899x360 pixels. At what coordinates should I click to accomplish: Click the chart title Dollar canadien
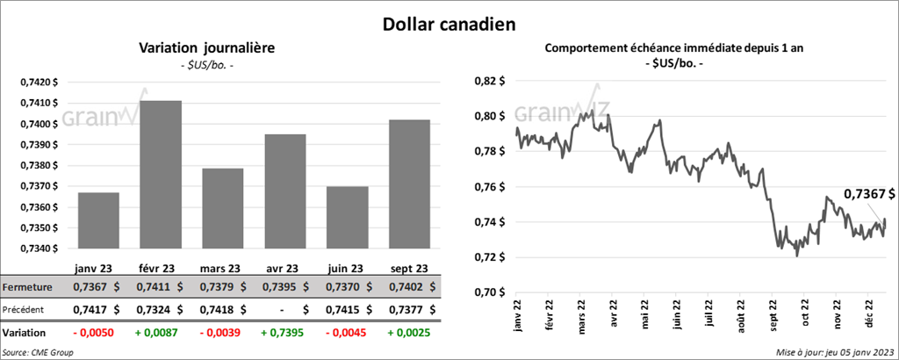pos(449,22)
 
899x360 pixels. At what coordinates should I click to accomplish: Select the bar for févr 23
pos(161,176)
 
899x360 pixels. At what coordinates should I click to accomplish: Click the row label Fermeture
pos(27,287)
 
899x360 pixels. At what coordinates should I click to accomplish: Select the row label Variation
pos(25,334)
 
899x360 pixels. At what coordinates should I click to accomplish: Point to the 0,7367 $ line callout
pos(869,193)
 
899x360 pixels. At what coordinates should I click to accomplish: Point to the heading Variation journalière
pos(207,48)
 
